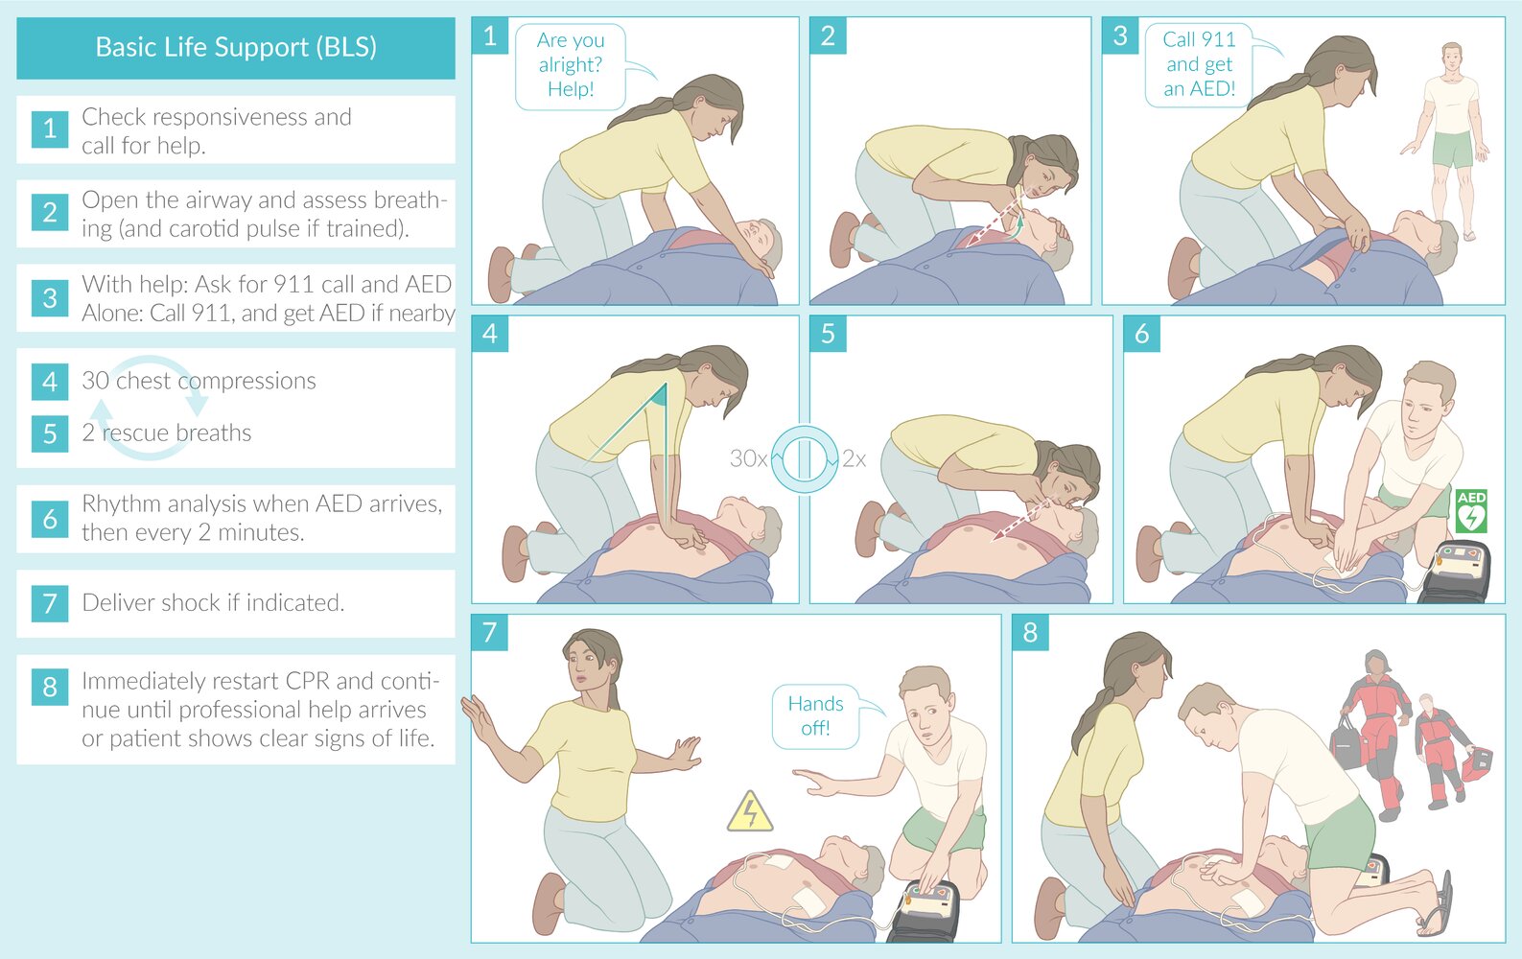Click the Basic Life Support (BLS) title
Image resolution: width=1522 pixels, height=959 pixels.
click(236, 47)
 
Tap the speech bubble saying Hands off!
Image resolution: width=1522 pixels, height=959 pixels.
click(815, 715)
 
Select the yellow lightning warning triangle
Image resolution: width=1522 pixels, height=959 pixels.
click(750, 812)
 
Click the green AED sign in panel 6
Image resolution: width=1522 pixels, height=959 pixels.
click(1470, 511)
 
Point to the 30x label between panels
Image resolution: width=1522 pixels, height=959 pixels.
click(747, 458)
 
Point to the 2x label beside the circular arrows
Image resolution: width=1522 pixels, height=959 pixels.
click(854, 458)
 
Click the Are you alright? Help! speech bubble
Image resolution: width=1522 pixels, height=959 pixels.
click(571, 65)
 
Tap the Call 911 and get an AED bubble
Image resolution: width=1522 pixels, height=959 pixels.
click(1199, 64)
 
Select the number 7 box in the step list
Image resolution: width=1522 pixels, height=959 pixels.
click(50, 603)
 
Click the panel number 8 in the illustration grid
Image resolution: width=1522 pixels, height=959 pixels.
click(1030, 632)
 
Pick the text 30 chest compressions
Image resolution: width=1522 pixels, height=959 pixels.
click(199, 381)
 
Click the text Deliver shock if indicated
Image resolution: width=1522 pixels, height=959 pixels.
click(213, 602)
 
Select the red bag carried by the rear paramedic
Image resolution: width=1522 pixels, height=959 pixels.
click(1478, 761)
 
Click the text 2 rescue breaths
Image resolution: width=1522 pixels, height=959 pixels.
click(167, 433)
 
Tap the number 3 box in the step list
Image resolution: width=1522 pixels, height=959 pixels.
click(50, 298)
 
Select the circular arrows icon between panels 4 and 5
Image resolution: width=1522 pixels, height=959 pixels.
click(805, 458)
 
